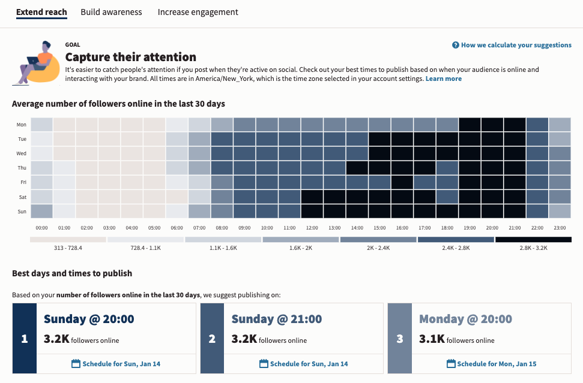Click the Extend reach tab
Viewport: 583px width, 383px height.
41,12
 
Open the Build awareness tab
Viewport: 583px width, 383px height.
111,12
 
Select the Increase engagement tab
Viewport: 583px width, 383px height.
198,12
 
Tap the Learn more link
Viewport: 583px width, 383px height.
443,79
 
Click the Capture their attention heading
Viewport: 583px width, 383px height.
130,57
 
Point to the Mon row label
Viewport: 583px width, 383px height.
21,125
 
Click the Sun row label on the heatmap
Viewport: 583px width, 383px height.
21,212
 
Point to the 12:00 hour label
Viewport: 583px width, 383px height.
312,228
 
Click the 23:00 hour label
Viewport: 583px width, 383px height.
560,228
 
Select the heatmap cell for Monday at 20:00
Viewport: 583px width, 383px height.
492,125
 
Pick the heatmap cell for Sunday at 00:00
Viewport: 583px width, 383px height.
41,212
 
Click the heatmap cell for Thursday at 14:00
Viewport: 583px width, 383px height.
357,168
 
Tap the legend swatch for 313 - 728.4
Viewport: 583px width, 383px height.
68,240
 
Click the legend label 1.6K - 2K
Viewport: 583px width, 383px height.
300,248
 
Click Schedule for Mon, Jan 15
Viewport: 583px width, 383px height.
492,364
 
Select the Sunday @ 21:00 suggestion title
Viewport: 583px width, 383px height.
276,319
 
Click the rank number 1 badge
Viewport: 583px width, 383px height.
25,339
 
